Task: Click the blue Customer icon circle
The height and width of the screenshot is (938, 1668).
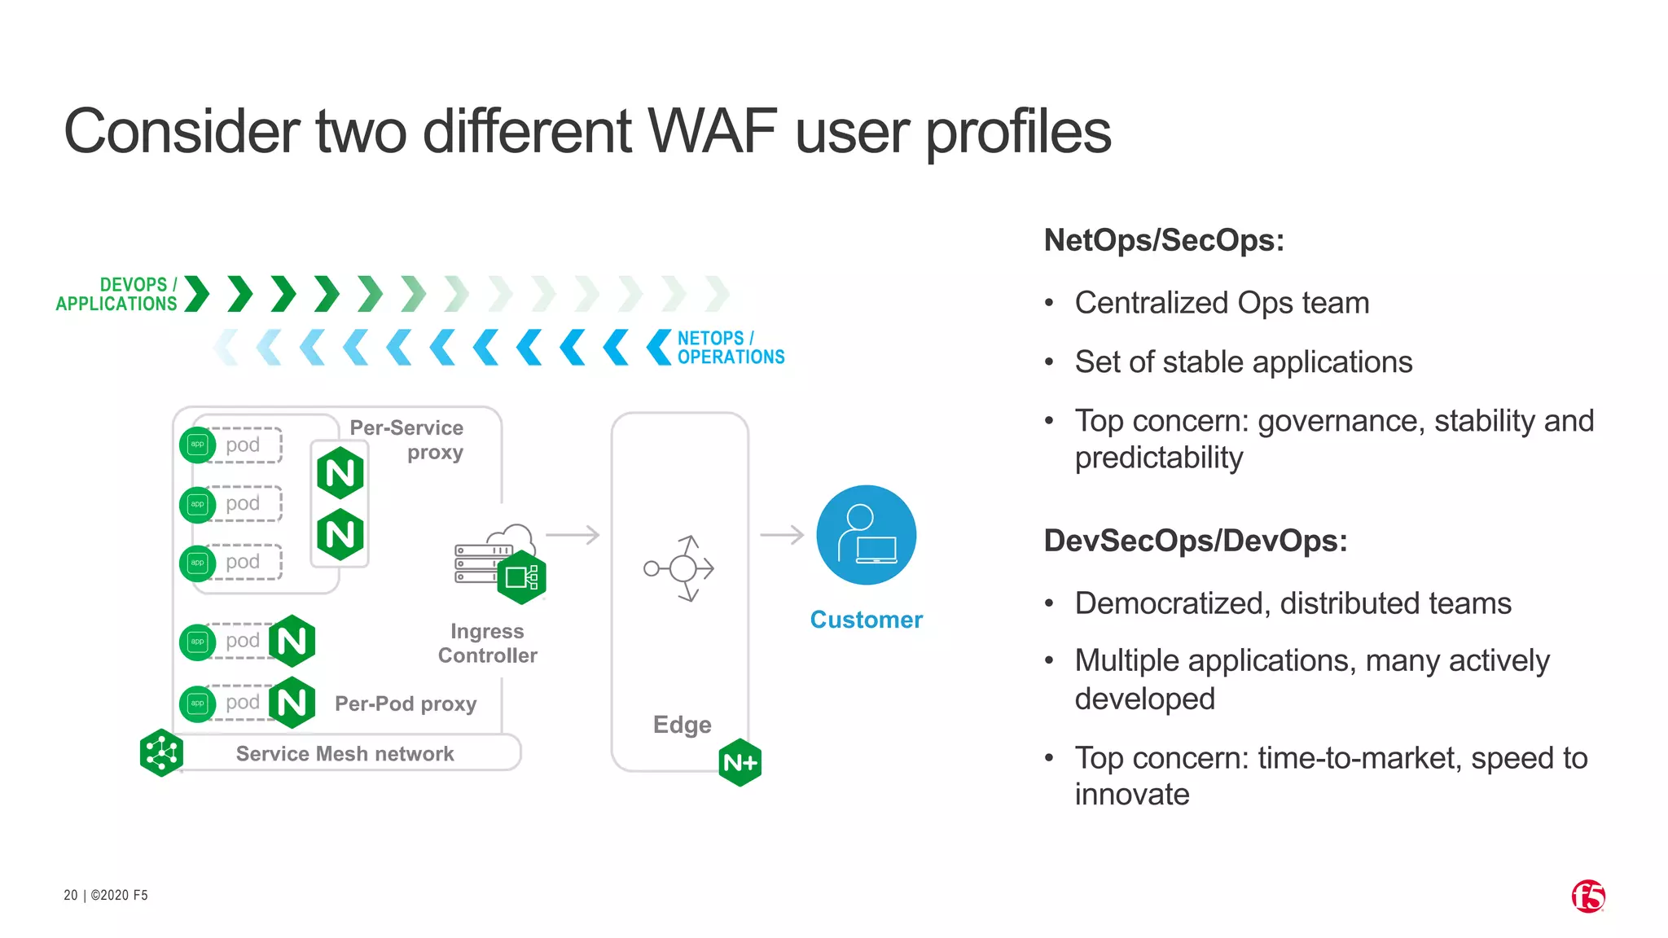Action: pos(866,535)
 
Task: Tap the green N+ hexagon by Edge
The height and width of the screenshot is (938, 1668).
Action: pos(740,763)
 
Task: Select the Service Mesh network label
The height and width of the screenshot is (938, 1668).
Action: pos(345,754)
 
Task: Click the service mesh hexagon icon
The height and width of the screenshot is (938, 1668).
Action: pos(161,752)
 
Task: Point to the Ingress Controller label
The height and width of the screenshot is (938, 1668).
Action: pos(487,643)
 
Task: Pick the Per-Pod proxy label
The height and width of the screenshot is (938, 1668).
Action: pos(406,703)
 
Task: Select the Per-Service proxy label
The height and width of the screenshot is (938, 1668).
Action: pos(407,440)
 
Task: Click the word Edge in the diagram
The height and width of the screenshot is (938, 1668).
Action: pos(682,725)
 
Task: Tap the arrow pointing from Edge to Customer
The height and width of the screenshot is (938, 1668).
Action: pos(782,535)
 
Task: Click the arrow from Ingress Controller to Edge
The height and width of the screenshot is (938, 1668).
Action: pos(573,535)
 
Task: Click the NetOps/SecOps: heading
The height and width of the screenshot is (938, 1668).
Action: pos(1164,240)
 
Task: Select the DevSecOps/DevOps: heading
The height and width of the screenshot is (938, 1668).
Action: pos(1196,541)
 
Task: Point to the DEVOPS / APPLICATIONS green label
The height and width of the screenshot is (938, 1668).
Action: pos(116,294)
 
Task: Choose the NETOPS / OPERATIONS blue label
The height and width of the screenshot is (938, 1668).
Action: pos(731,348)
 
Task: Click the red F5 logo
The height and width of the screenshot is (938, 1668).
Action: pos(1588,896)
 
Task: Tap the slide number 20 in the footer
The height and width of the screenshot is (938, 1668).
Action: pos(71,895)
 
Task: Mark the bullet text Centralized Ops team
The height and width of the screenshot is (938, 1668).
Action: pos(1222,303)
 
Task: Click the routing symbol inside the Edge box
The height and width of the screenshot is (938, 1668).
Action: pos(680,568)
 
